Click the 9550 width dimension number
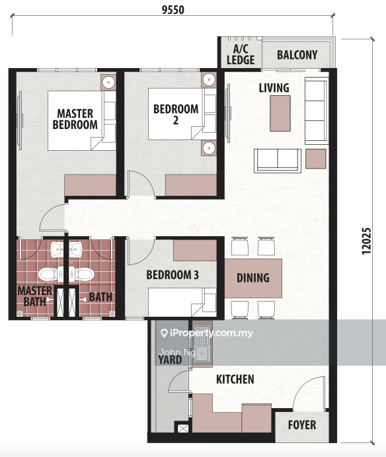173,10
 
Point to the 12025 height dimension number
366,241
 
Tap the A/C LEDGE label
241,55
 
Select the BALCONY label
297,55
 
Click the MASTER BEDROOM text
75,119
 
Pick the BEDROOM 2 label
176,114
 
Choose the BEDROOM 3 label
173,275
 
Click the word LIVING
274,88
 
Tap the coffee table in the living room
280,113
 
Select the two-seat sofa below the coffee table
278,161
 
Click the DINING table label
253,278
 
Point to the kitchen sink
202,343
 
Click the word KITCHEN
235,379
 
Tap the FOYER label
302,425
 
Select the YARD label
170,360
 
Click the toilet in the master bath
48,274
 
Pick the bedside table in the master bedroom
108,82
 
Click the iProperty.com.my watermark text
207,333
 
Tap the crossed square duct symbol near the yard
183,429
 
